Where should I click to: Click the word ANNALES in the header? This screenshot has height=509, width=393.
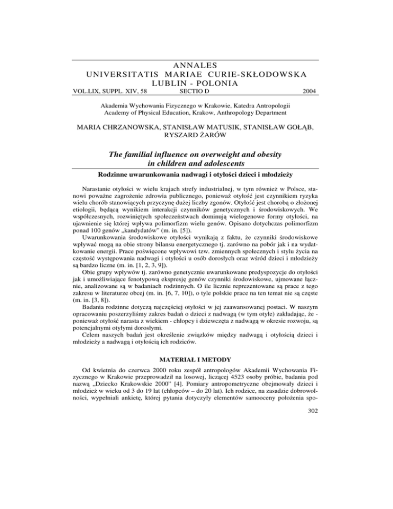tap(196, 65)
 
